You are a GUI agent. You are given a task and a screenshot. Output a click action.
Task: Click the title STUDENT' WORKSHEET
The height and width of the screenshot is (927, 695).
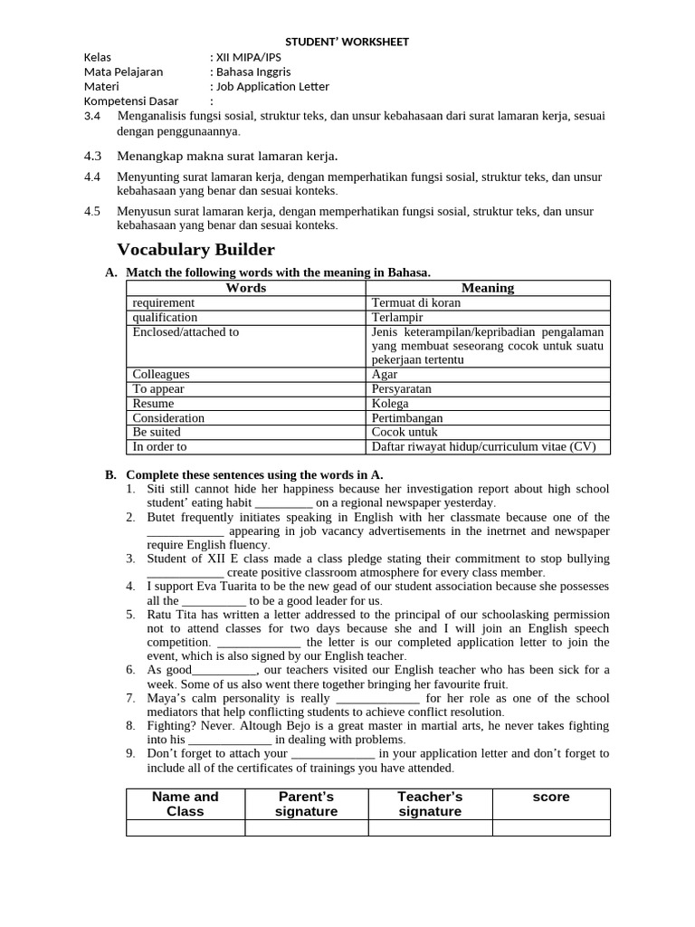(347, 42)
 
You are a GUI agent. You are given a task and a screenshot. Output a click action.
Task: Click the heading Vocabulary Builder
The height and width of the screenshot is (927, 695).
(195, 250)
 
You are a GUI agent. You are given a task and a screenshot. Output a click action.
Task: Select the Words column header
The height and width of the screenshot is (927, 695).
(245, 288)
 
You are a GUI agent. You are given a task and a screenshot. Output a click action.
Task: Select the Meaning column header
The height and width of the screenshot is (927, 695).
(488, 288)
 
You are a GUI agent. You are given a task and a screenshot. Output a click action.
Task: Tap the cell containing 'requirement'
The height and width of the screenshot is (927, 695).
(164, 302)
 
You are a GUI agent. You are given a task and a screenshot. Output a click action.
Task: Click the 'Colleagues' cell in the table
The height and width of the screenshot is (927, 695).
(161, 374)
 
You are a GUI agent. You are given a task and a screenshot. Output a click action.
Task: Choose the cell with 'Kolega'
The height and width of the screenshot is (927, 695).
(390, 403)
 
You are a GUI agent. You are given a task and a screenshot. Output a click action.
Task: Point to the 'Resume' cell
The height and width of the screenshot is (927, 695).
(154, 403)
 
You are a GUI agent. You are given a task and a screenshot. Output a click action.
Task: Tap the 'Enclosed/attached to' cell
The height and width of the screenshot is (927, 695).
(186, 331)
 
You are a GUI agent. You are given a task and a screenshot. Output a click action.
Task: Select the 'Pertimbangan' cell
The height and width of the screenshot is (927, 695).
(407, 417)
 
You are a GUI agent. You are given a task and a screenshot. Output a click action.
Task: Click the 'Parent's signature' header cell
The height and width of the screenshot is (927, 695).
(306, 804)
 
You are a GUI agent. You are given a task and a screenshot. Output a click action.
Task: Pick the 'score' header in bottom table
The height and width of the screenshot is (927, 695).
(551, 798)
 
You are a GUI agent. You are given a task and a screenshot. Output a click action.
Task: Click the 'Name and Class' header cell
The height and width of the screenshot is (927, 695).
(186, 804)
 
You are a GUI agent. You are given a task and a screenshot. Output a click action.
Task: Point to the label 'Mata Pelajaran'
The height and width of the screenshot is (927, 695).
(124, 72)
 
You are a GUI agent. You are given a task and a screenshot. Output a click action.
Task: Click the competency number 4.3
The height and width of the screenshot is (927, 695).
(92, 156)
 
